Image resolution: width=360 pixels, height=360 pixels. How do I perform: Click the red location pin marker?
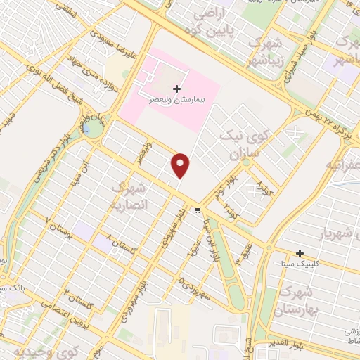181,165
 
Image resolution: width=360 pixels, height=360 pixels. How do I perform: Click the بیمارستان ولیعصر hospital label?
176,101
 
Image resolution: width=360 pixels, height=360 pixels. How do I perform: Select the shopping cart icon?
198,209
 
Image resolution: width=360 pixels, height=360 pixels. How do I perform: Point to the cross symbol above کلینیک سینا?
300,252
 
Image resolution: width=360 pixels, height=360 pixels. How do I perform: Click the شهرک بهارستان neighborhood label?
299,299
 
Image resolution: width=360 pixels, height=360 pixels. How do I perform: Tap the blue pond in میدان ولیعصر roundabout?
91,128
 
